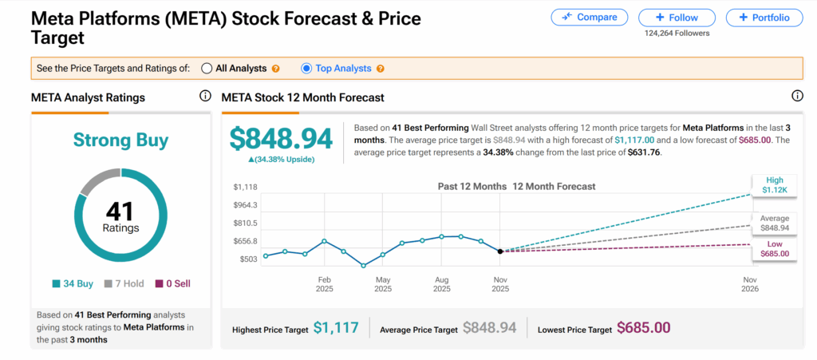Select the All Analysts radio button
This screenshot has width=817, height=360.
pos(207,69)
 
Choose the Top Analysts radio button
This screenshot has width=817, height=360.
pos(306,69)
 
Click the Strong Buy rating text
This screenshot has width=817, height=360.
pos(120,141)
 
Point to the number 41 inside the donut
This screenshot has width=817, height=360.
pos(120,212)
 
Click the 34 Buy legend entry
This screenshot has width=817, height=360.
pos(73,283)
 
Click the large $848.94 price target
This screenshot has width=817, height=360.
pos(281,138)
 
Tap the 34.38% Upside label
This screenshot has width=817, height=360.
pos(280,160)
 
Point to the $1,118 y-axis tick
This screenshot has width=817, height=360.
pos(244,187)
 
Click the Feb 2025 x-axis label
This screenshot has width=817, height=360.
pos(325,284)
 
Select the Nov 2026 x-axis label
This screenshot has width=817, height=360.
pos(749,284)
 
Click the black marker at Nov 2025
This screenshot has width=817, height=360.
pos(500,251)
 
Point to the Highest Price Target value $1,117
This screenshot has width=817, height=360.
pos(336,328)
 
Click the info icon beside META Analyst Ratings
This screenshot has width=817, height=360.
pos(205,97)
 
